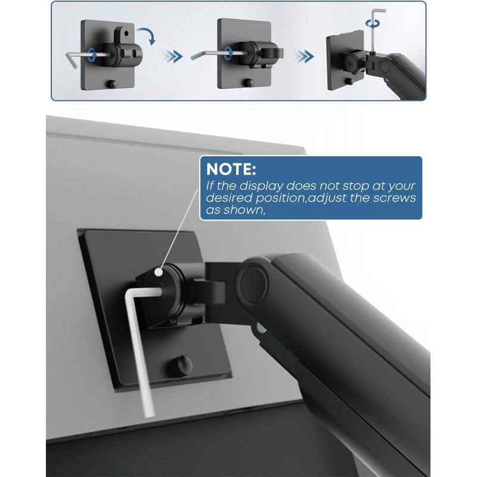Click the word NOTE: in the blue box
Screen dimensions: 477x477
pos(231,169)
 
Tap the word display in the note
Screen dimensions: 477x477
pos(261,185)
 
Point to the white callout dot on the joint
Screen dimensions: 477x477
pos(159,272)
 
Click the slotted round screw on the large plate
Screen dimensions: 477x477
pos(181,364)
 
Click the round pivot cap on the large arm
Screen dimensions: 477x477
pos(253,284)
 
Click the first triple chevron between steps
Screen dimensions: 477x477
pos(173,56)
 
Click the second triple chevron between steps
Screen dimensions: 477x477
pos(305,56)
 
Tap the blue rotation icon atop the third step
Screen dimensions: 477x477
pos(373,24)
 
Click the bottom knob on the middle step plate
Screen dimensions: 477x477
pos(249,82)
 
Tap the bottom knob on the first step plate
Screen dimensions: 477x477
pos(113,84)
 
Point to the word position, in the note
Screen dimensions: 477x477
pos(280,199)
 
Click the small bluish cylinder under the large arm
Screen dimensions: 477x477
pos(261,329)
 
